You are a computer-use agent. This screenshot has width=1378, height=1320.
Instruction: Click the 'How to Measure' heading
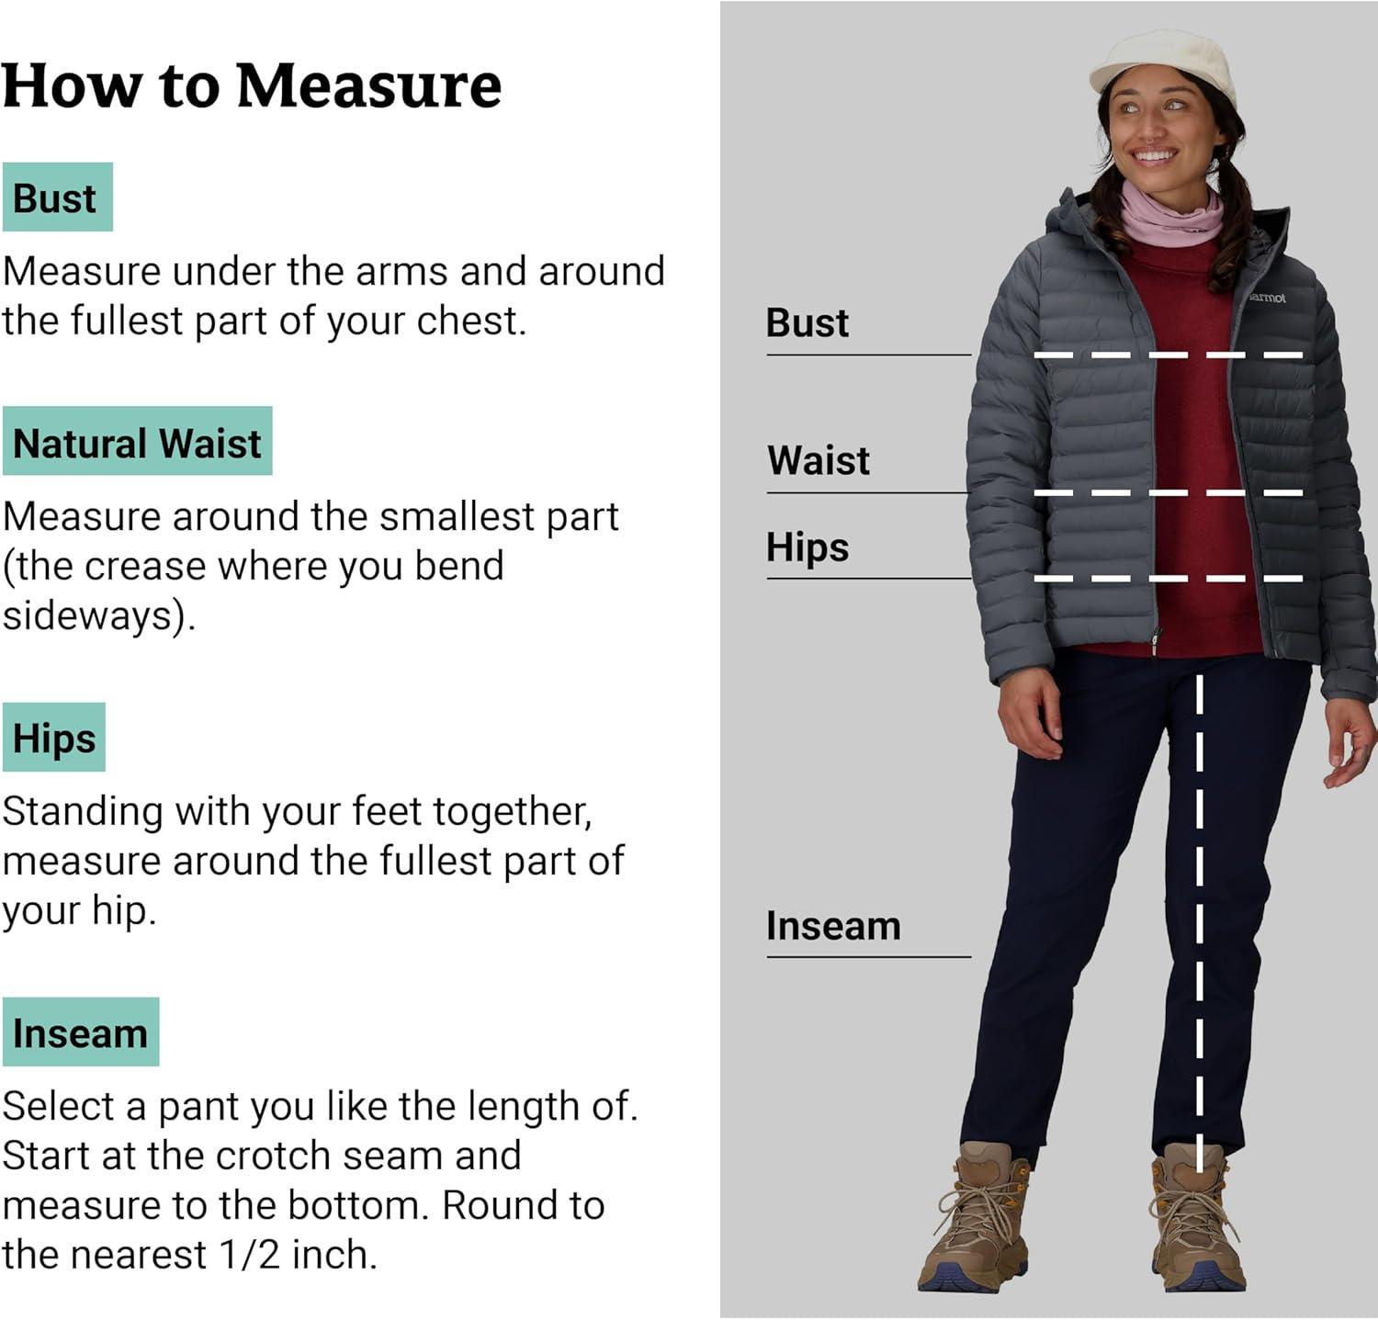point(252,85)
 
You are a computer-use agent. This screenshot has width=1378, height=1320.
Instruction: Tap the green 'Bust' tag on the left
point(57,197)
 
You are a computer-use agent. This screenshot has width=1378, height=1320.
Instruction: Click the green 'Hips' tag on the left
point(53,738)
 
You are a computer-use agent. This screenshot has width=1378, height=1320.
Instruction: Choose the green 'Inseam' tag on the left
point(81,1032)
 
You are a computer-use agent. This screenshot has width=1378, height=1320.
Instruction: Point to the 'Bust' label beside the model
point(808,323)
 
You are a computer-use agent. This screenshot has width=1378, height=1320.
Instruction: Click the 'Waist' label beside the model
point(819,460)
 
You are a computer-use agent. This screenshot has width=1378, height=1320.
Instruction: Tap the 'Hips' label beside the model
point(808,547)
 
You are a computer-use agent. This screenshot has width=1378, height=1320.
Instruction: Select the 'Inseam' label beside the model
point(833,926)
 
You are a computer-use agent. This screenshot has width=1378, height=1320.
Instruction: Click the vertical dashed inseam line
point(1199,924)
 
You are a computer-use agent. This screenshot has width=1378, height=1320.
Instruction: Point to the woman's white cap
point(1163,69)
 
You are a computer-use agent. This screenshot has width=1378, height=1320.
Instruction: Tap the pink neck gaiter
point(1172,213)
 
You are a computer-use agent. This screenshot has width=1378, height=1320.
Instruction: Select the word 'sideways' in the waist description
point(94,615)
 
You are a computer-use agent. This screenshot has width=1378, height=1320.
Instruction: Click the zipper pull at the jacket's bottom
point(1156,641)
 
